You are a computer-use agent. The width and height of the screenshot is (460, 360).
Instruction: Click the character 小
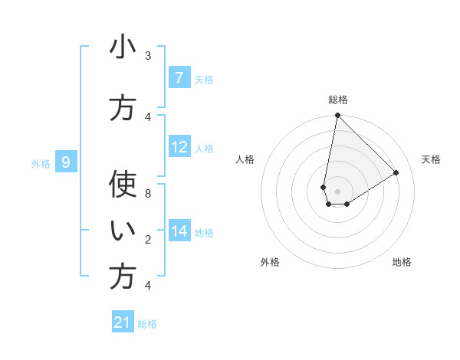click(x=123, y=47)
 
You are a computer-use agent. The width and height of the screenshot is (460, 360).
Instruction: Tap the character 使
click(x=123, y=185)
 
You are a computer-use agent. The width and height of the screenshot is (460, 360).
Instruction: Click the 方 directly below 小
click(x=123, y=108)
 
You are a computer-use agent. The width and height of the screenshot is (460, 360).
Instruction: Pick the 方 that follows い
click(x=123, y=277)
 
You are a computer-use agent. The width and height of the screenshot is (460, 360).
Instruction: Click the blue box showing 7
click(x=179, y=78)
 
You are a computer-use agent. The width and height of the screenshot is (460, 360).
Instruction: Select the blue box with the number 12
click(x=179, y=146)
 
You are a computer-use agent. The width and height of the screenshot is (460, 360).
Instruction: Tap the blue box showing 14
click(x=179, y=231)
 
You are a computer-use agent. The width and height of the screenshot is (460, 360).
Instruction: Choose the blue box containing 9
click(x=66, y=162)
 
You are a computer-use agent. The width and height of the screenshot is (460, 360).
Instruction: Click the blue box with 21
click(x=123, y=322)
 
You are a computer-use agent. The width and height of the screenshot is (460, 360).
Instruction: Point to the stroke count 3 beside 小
click(x=148, y=55)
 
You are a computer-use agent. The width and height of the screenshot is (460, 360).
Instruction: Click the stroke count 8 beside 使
click(x=148, y=193)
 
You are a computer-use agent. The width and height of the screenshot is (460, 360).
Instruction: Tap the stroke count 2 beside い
click(x=148, y=239)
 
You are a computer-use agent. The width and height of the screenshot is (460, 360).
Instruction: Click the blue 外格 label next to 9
click(x=40, y=162)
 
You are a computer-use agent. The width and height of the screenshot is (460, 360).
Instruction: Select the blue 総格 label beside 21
click(x=147, y=324)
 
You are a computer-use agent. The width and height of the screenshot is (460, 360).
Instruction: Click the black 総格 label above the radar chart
click(x=338, y=100)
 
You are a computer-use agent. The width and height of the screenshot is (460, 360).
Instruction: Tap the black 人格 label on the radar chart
click(x=245, y=159)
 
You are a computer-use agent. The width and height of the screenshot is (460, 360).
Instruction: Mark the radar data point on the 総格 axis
click(x=337, y=116)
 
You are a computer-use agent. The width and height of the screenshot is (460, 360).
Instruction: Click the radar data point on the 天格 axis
click(x=396, y=173)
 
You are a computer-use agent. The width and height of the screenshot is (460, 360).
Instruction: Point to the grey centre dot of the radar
click(x=337, y=191)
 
